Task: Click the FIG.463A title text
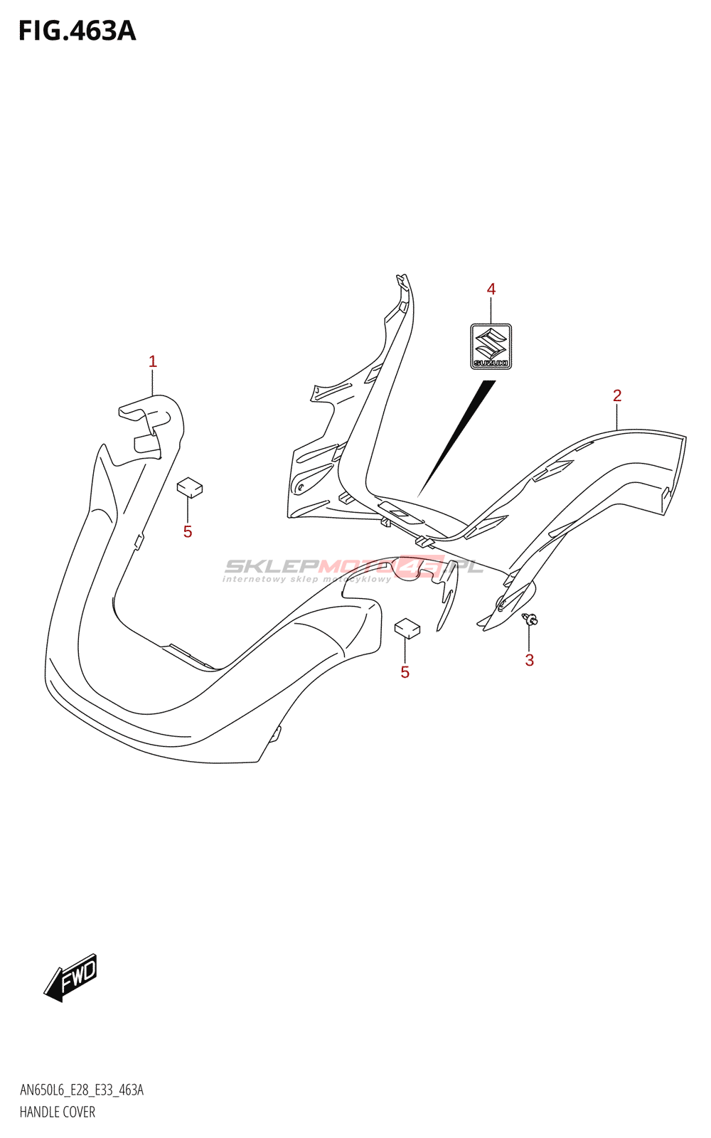click(77, 31)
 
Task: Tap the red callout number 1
click(153, 362)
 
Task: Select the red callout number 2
click(617, 395)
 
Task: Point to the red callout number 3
click(529, 661)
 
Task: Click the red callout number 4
click(491, 289)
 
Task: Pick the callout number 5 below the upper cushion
click(188, 532)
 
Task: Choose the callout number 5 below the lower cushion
click(405, 672)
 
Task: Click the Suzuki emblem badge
click(491, 346)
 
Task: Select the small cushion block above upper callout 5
click(189, 486)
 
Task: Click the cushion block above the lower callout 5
click(407, 628)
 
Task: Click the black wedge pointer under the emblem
click(456, 438)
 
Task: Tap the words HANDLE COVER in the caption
click(58, 1112)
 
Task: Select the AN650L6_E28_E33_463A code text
click(81, 1090)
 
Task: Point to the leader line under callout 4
click(491, 311)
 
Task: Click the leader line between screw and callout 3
click(529, 638)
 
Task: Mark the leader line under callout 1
click(153, 383)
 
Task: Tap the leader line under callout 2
click(617, 417)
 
